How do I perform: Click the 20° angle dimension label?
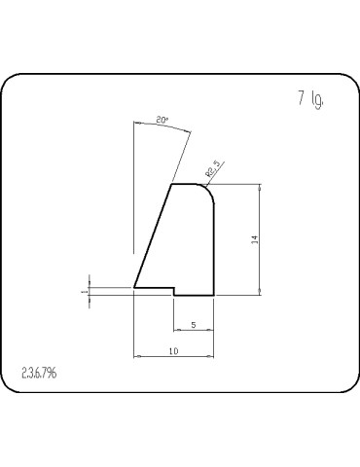click(x=162, y=120)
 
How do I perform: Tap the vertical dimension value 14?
click(x=254, y=239)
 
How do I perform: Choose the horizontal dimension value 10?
click(x=173, y=350)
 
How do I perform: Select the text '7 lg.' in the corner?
click(x=309, y=99)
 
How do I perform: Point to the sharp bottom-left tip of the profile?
click(x=134, y=288)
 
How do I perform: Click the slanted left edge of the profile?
click(x=153, y=236)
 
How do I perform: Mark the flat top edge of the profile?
click(x=187, y=184)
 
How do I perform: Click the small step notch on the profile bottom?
click(x=173, y=291)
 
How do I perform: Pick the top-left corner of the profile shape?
click(x=172, y=184)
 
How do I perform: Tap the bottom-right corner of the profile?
click(x=213, y=294)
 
